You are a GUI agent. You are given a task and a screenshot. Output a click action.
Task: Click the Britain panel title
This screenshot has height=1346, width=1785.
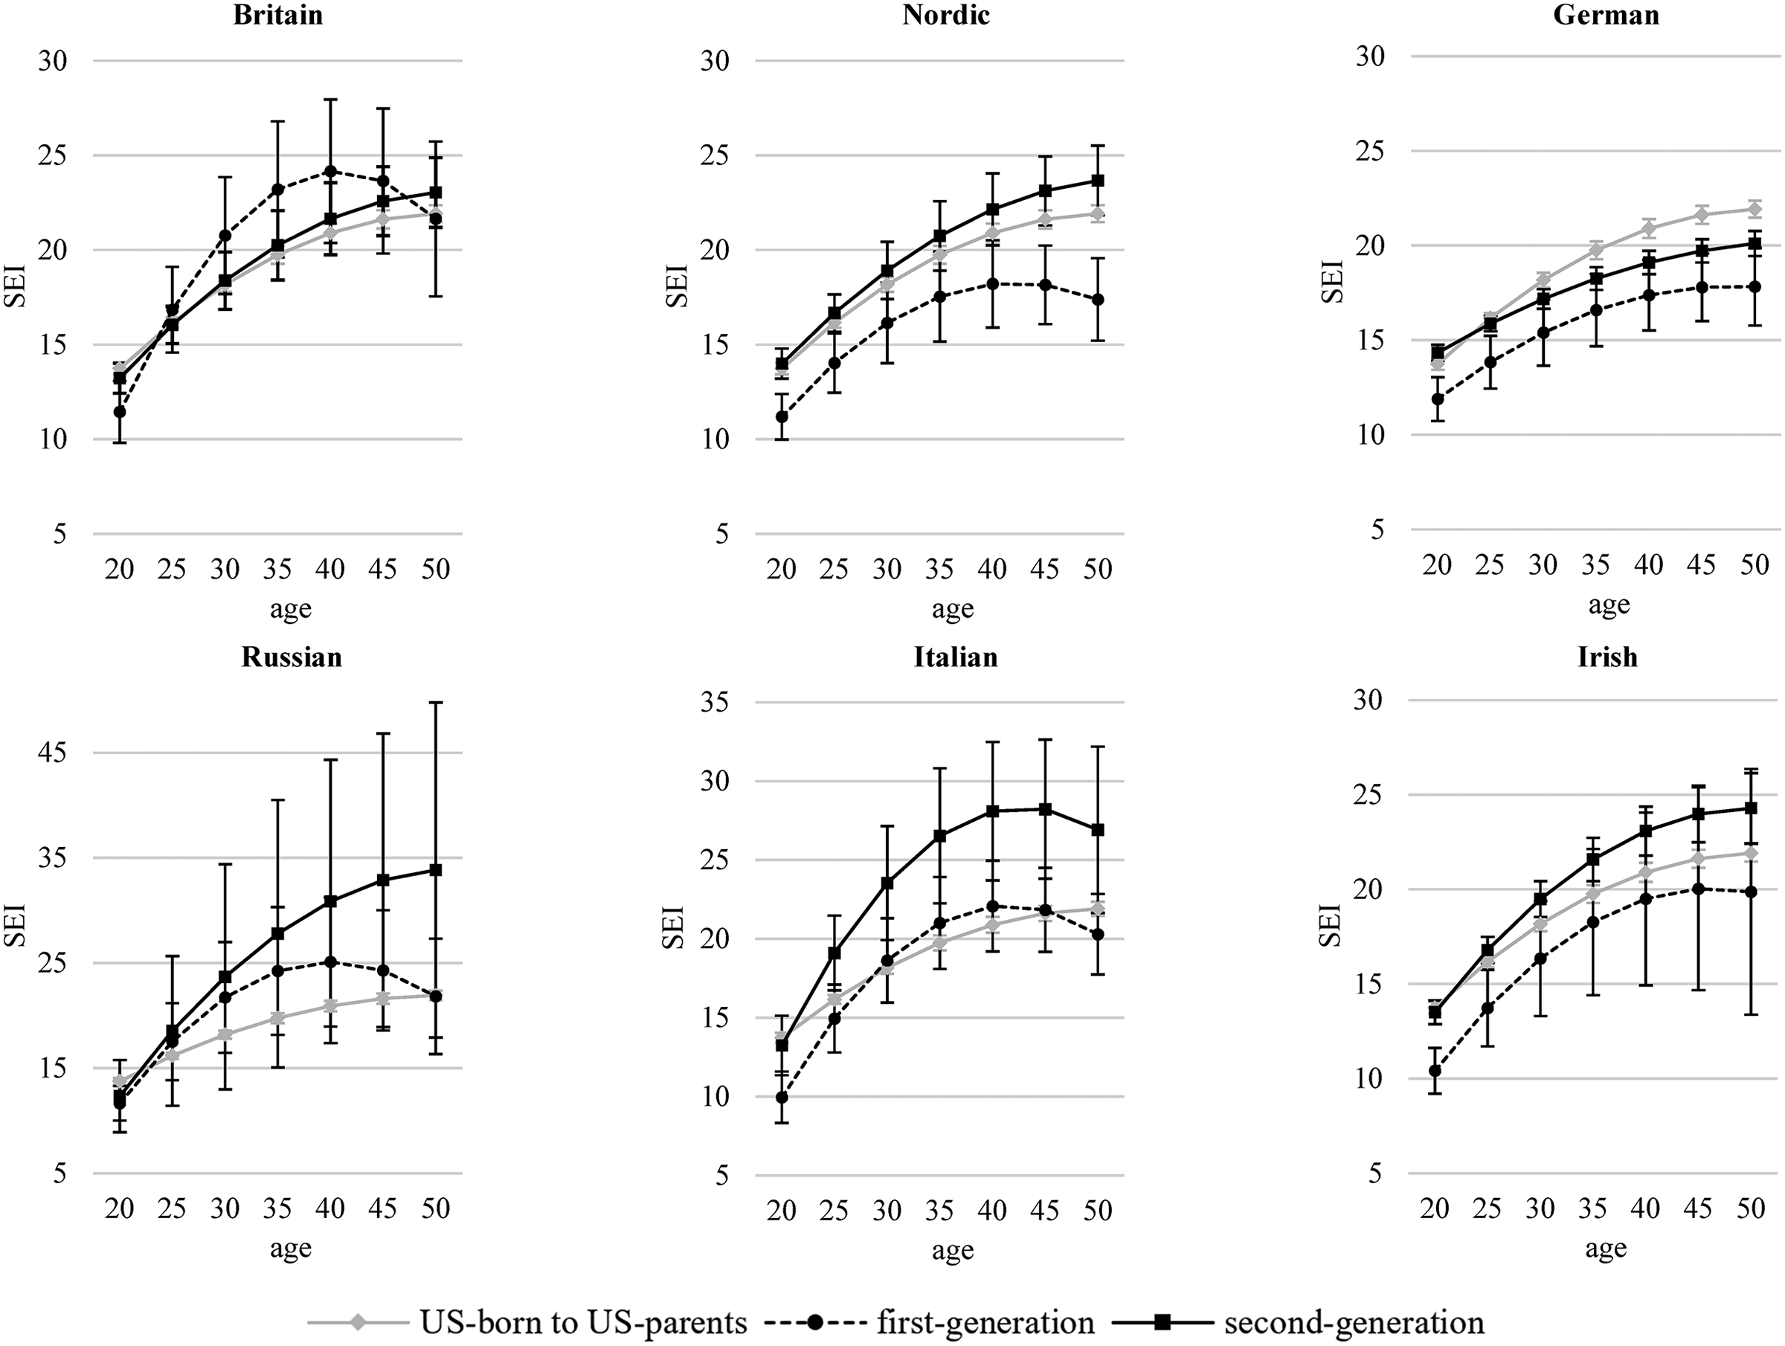278,16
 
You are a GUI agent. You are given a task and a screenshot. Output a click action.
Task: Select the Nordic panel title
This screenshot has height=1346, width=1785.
946,16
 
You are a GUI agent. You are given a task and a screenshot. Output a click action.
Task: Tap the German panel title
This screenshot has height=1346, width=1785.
1606,16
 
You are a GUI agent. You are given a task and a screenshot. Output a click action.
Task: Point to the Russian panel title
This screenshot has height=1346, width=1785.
292,657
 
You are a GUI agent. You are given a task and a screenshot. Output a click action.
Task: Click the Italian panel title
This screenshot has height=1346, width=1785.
956,657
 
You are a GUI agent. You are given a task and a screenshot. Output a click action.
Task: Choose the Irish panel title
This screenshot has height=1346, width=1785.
1607,657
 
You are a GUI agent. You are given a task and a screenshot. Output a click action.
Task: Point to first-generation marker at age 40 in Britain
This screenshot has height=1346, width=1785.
330,171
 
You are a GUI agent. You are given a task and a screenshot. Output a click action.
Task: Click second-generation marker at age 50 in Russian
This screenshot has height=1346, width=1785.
436,870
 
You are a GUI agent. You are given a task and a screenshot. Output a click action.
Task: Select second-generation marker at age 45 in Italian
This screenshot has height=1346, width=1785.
1045,809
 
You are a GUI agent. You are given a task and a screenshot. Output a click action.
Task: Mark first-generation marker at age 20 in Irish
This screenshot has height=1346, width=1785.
1435,1071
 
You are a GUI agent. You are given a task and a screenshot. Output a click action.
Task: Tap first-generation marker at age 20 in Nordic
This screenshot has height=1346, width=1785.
781,416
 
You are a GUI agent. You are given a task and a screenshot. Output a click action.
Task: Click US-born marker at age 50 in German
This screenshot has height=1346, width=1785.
1754,209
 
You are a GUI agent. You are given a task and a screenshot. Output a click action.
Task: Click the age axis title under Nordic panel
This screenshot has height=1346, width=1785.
953,609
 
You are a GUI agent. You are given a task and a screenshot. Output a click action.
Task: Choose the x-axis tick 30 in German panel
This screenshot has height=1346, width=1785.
1543,565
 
